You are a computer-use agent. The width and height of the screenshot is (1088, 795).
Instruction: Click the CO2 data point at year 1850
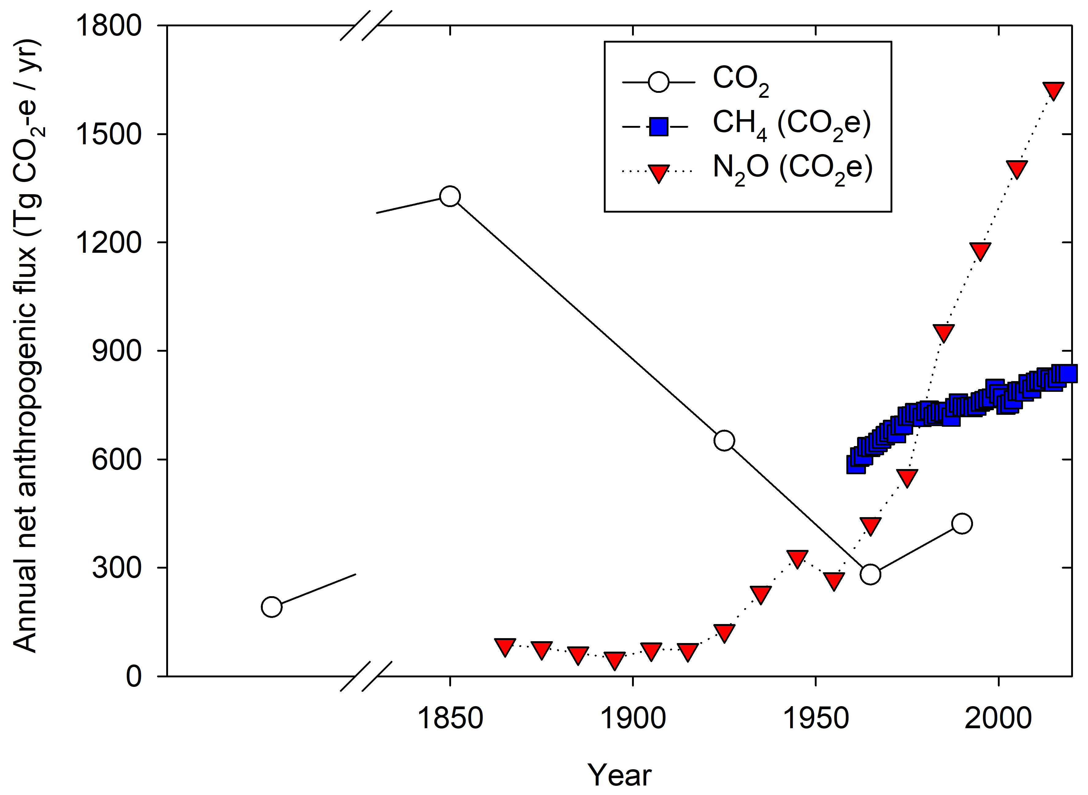point(450,196)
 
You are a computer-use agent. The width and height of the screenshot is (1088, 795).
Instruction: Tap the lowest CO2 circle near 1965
point(870,574)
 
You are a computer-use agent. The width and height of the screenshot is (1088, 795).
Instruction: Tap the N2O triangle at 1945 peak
point(797,558)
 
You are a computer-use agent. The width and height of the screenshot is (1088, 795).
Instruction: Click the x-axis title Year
point(619,775)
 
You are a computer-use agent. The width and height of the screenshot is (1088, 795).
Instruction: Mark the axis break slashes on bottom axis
point(366,676)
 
